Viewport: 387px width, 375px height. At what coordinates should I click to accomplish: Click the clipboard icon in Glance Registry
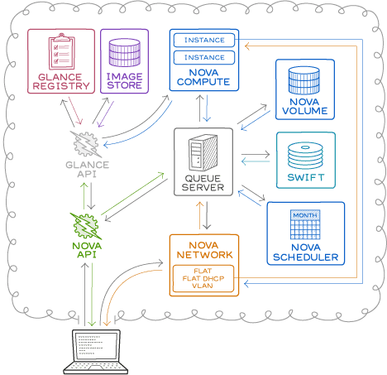point(60,53)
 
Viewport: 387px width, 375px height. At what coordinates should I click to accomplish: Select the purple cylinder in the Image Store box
point(125,53)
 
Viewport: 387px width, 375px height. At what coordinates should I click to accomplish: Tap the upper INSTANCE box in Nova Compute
point(203,40)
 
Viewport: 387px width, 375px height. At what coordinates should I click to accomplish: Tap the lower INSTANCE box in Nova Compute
point(203,57)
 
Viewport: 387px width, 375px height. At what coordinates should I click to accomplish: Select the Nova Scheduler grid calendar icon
point(304,226)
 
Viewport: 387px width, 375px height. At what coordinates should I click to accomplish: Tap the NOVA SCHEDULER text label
point(305,252)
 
